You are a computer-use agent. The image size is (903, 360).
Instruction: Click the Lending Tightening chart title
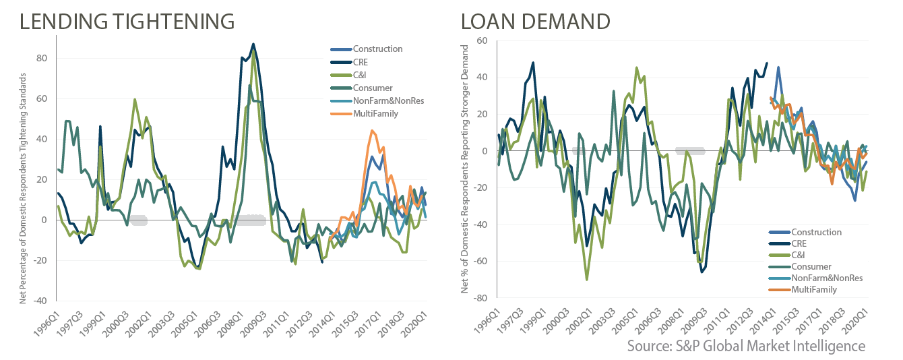point(127,21)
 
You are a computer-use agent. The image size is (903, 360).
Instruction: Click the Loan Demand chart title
point(536,21)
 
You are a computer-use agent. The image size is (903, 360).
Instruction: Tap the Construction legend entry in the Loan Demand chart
point(816,232)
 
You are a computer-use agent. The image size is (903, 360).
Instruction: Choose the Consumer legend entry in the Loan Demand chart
point(811,266)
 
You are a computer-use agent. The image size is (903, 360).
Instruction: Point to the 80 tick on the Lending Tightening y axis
point(41,58)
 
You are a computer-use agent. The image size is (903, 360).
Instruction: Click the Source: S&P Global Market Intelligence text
point(746,346)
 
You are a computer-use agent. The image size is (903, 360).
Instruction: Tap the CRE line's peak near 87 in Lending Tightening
point(253,44)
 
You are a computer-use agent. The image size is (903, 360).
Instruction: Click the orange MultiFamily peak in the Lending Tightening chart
point(372,131)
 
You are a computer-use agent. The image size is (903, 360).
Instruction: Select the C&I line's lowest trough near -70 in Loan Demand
point(587,279)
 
